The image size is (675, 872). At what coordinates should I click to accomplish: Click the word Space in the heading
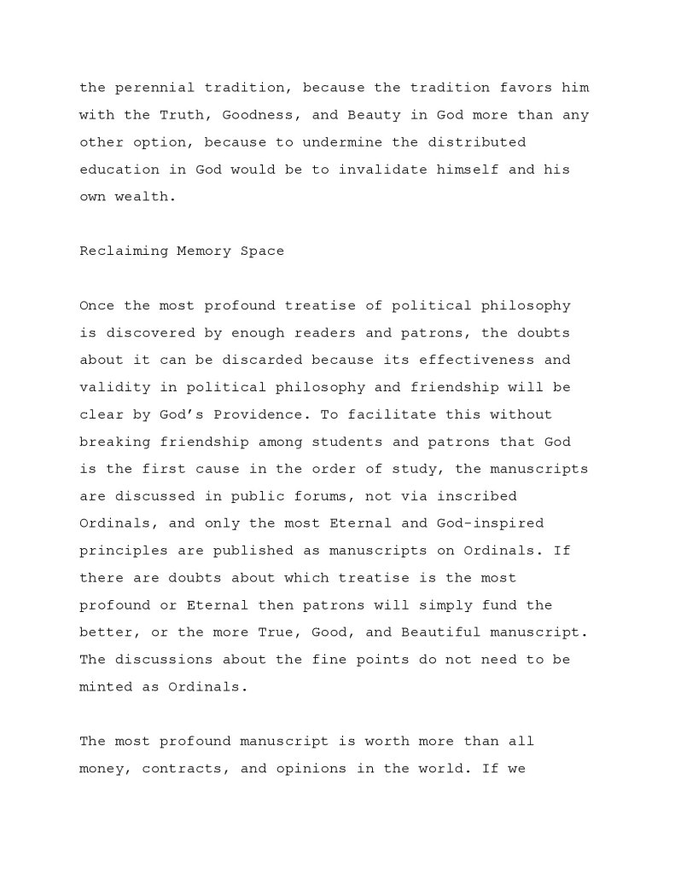pos(265,251)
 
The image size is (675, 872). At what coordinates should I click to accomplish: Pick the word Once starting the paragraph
pos(94,304)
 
